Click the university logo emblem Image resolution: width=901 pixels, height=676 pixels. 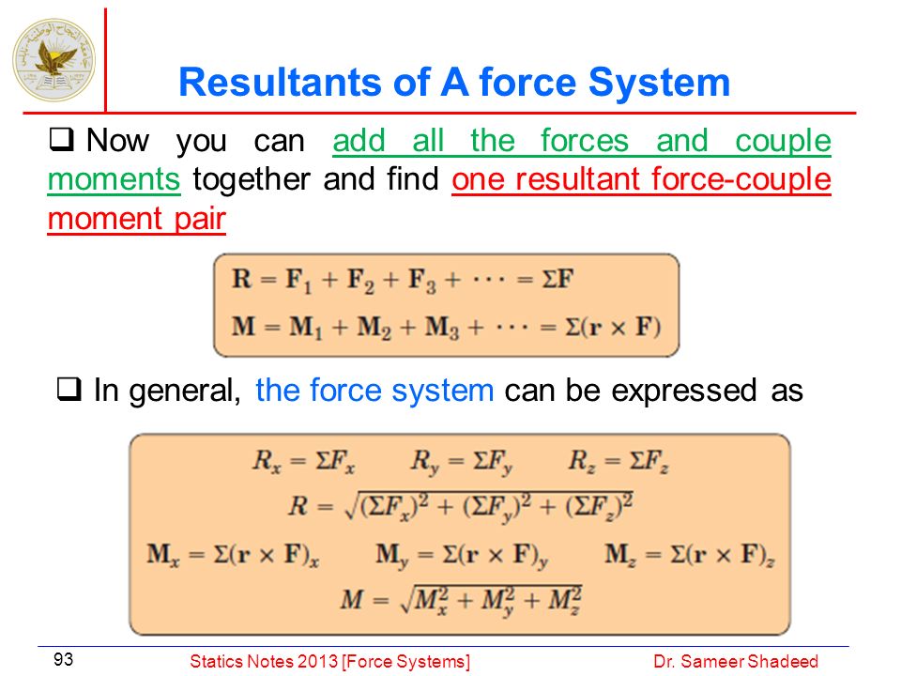(x=53, y=60)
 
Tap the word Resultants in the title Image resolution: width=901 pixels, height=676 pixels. (x=281, y=83)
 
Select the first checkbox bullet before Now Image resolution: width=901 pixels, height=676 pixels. (x=61, y=139)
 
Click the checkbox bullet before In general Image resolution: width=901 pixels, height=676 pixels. (x=69, y=389)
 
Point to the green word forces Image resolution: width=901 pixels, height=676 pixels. (x=585, y=140)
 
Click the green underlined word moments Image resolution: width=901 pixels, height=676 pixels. (x=114, y=179)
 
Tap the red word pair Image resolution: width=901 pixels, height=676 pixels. (x=201, y=220)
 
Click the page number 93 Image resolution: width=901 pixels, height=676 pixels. (x=63, y=659)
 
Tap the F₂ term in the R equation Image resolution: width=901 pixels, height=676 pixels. (x=360, y=281)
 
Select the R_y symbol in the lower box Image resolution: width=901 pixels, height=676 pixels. (x=425, y=462)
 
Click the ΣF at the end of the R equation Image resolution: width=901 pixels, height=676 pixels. (x=557, y=279)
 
